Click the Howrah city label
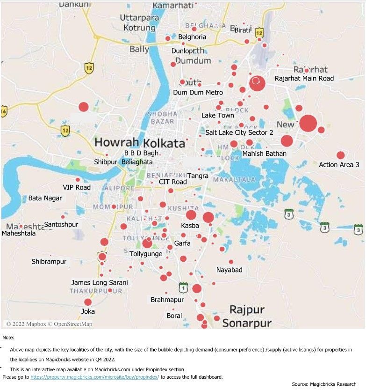pyautogui.click(x=116, y=142)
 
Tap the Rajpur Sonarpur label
pyautogui.click(x=246, y=316)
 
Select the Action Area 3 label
pyautogui.click(x=339, y=165)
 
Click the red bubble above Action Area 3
pyautogui.click(x=340, y=155)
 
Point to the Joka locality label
pyautogui.click(x=87, y=311)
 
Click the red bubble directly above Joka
pyautogui.click(x=88, y=302)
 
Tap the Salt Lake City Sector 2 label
pyautogui.click(x=239, y=132)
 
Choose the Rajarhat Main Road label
pyautogui.click(x=304, y=78)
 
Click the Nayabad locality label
pyautogui.click(x=229, y=270)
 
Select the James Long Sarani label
pyautogui.click(x=99, y=283)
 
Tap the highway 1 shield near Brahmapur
pyautogui.click(x=183, y=287)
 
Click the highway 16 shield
pyautogui.click(x=4, y=111)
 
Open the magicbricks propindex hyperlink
pyautogui.click(x=94, y=376)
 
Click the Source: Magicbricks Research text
pyautogui.click(x=324, y=384)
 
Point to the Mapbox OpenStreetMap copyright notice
pyautogui.click(x=49, y=324)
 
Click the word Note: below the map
pyautogui.click(x=8, y=338)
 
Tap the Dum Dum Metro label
pyautogui.click(x=198, y=93)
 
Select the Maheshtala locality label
pyautogui.click(x=18, y=233)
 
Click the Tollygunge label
pyautogui.click(x=146, y=254)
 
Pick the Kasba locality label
pyautogui.click(x=190, y=226)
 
